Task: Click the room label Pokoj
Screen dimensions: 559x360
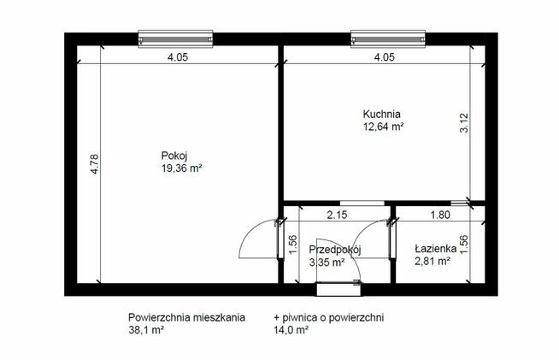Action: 174,156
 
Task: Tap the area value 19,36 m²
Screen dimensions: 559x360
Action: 182,168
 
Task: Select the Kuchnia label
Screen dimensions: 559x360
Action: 381,115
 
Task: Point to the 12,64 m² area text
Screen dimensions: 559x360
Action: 383,127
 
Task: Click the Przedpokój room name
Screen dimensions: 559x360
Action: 335,250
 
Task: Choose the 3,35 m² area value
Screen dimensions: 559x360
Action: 327,263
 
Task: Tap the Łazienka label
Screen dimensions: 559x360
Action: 436,248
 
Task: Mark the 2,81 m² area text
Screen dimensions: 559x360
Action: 432,261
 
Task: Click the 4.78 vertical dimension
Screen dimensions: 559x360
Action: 95,164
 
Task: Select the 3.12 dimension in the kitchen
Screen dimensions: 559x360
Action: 464,123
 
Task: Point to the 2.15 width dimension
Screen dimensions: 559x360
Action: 337,215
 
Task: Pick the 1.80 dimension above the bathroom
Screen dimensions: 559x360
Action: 440,215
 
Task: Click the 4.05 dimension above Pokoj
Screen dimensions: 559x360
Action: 178,57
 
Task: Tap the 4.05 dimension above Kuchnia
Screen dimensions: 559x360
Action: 385,57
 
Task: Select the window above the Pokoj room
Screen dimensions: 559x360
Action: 175,38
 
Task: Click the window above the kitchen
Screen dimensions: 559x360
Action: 388,38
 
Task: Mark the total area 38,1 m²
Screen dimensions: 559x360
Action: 146,330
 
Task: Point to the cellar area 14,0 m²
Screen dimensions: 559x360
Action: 291,330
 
